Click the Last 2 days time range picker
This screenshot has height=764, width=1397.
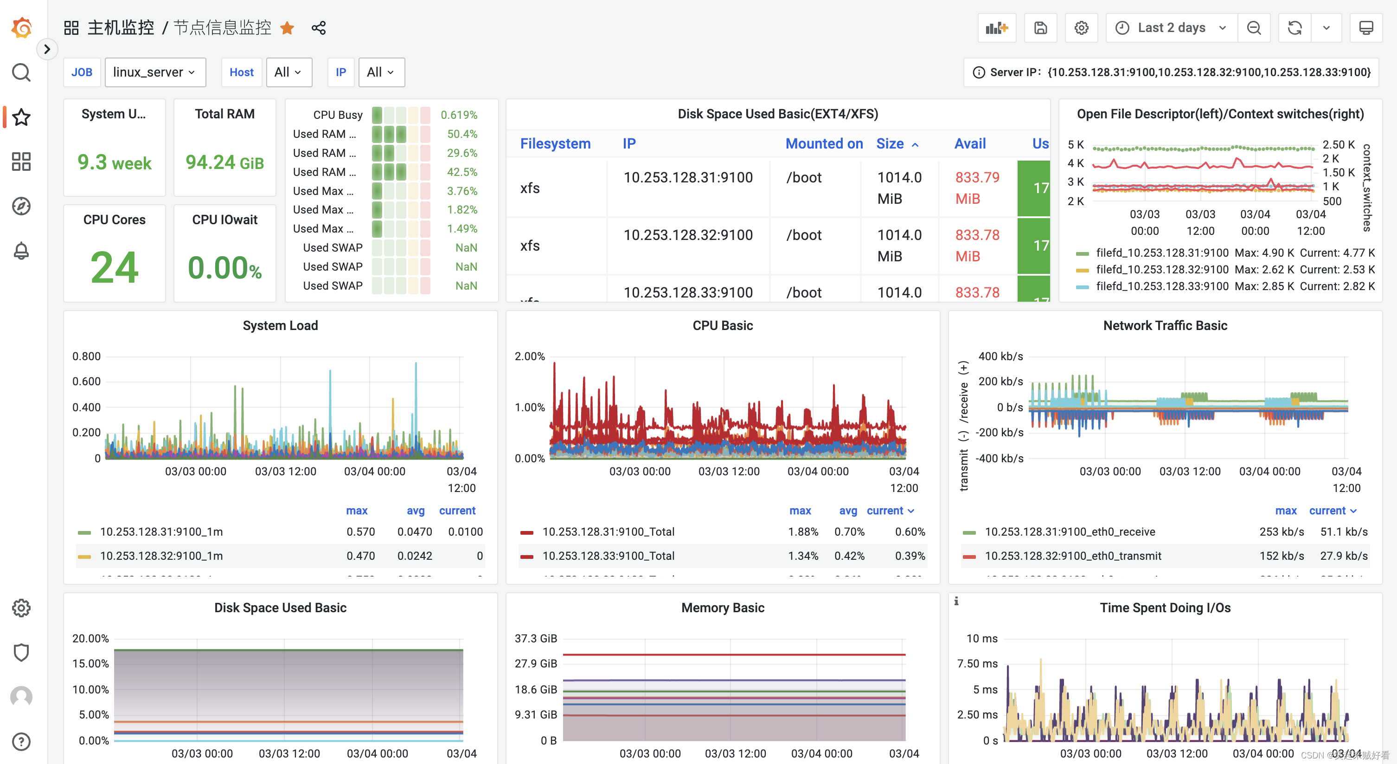point(1172,28)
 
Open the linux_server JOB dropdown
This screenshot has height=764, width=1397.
point(154,72)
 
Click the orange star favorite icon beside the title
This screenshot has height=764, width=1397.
point(287,28)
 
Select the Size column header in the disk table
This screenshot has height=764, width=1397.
point(891,144)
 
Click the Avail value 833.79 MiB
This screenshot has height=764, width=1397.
point(977,188)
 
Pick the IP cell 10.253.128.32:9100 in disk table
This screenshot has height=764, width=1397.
point(688,235)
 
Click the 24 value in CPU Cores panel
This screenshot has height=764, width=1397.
point(114,267)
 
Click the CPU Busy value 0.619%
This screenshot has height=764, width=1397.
point(459,115)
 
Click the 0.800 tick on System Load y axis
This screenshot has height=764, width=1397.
point(86,356)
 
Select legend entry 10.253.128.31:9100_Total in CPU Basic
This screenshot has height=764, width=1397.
point(608,532)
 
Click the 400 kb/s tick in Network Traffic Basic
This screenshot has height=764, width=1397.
point(1000,356)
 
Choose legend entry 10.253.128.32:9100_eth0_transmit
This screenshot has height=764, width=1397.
point(1073,556)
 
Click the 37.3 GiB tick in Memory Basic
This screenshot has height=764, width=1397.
point(535,639)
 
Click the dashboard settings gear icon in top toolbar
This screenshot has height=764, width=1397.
point(1081,28)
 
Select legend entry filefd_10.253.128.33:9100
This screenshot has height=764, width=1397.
point(1160,286)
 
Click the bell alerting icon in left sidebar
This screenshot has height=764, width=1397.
point(21,251)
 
